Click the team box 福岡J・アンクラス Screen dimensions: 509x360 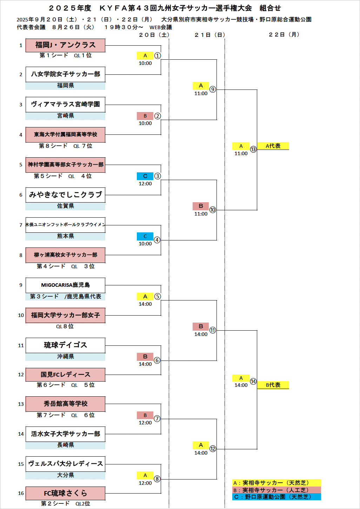point(65,45)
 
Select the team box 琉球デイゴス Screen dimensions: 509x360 point(65,345)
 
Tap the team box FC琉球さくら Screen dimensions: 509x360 point(65,493)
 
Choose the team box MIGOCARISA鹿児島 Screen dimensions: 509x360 point(65,285)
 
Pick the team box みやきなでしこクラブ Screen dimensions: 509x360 point(65,195)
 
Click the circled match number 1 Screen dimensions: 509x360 point(158,55)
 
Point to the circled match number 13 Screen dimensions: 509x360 point(253,149)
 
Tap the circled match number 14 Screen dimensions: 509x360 point(253,381)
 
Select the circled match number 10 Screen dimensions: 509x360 point(213,210)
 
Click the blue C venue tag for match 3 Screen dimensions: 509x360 point(145,176)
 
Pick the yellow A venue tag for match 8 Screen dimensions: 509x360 point(145,475)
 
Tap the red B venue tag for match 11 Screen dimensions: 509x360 point(201,326)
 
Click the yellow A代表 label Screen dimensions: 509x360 point(273,146)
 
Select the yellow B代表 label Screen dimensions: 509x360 point(273,385)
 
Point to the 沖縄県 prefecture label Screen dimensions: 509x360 point(65,357)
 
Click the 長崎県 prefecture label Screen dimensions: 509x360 point(65,445)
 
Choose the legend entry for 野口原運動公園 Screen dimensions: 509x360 point(276,497)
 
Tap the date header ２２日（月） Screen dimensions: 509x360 point(284,34)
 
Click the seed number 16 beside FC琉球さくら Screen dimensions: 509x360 point(21,493)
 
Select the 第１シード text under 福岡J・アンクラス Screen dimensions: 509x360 point(54,55)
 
